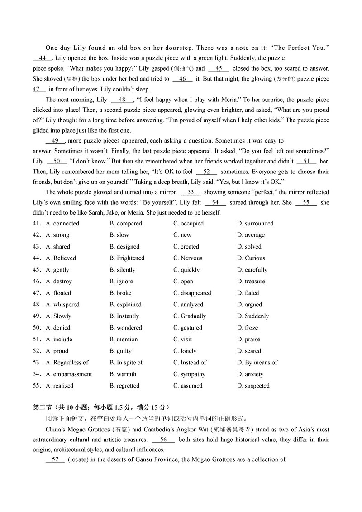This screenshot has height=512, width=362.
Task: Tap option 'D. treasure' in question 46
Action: [x=251, y=281]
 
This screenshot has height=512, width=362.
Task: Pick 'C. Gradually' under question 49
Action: [x=190, y=316]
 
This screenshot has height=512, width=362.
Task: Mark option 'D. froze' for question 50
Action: [x=248, y=328]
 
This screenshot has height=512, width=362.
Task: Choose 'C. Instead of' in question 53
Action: [x=190, y=362]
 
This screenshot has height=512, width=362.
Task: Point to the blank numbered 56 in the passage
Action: [x=163, y=440]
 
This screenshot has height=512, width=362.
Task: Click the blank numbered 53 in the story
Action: [x=191, y=192]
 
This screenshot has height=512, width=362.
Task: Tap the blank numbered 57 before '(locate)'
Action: [x=55, y=459]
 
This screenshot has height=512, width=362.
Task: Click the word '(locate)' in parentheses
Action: [x=80, y=459]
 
